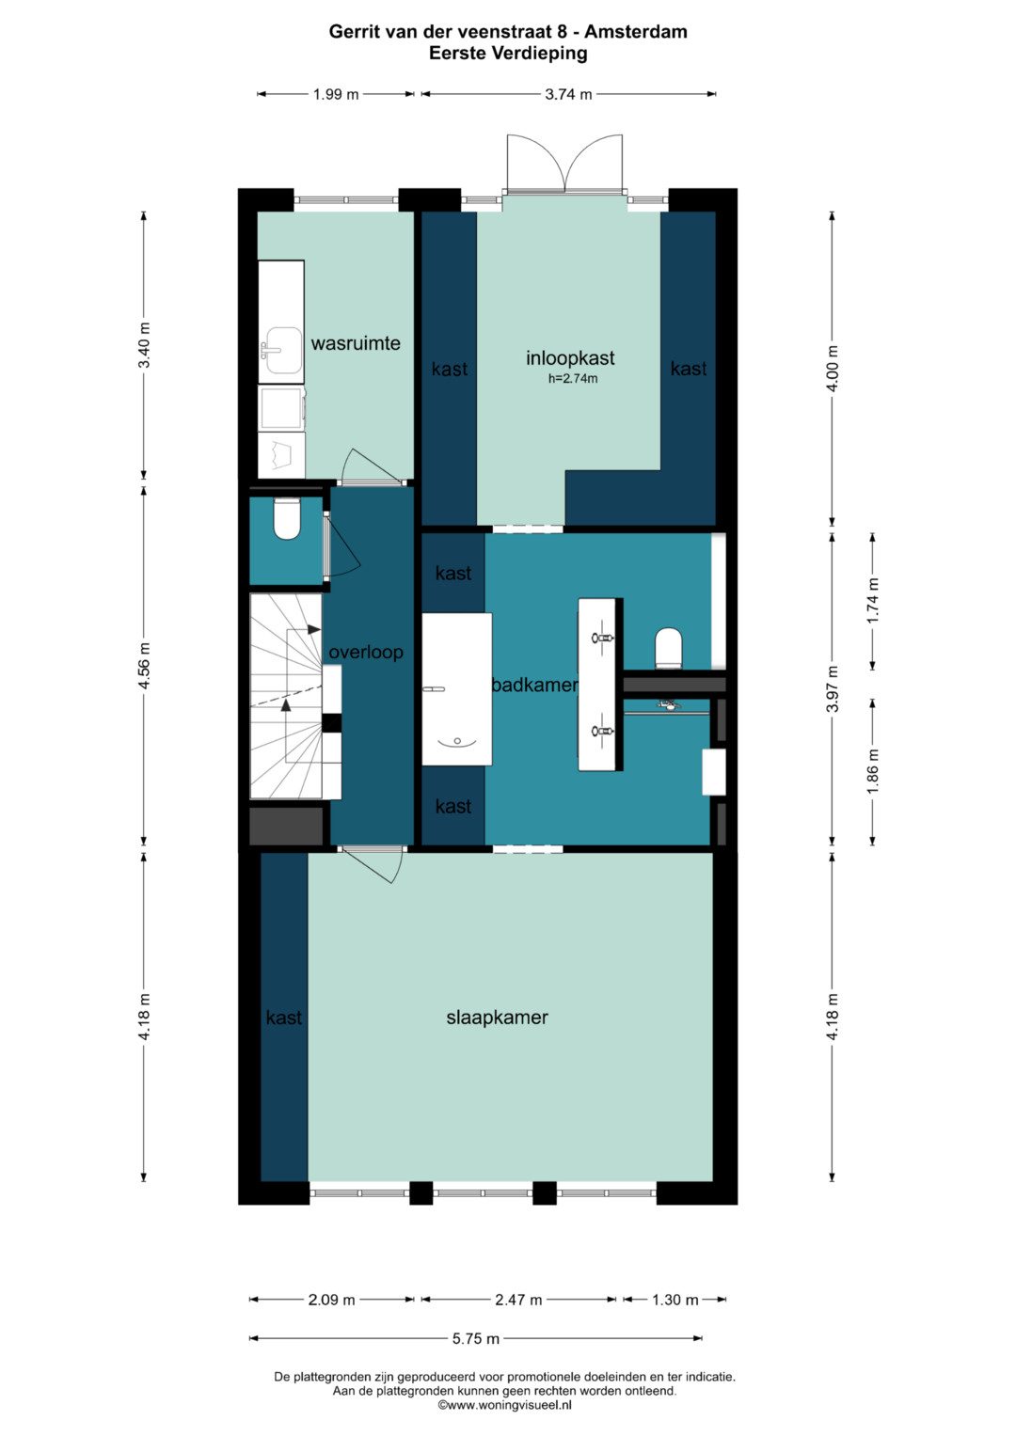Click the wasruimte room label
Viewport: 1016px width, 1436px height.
click(x=356, y=343)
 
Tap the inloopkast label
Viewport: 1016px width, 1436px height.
click(x=570, y=357)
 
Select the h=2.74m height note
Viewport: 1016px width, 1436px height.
click(x=573, y=378)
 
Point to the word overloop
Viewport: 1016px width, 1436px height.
click(x=366, y=653)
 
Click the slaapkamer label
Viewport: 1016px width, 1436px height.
click(x=497, y=1018)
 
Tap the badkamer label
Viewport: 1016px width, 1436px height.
click(x=535, y=686)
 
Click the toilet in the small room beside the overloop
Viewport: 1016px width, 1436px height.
click(x=286, y=519)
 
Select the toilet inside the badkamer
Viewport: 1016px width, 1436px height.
click(x=668, y=648)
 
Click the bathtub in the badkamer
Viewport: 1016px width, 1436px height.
click(x=456, y=689)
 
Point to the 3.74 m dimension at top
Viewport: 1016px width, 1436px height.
click(x=568, y=94)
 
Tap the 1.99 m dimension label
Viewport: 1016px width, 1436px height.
click(x=336, y=94)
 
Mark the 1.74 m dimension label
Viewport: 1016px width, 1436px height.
click(x=872, y=601)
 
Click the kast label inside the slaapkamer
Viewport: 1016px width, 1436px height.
click(x=283, y=1018)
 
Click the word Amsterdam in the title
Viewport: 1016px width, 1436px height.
click(x=636, y=31)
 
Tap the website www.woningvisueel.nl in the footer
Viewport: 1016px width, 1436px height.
click(x=505, y=1405)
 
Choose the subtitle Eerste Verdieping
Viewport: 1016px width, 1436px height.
click(x=508, y=54)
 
